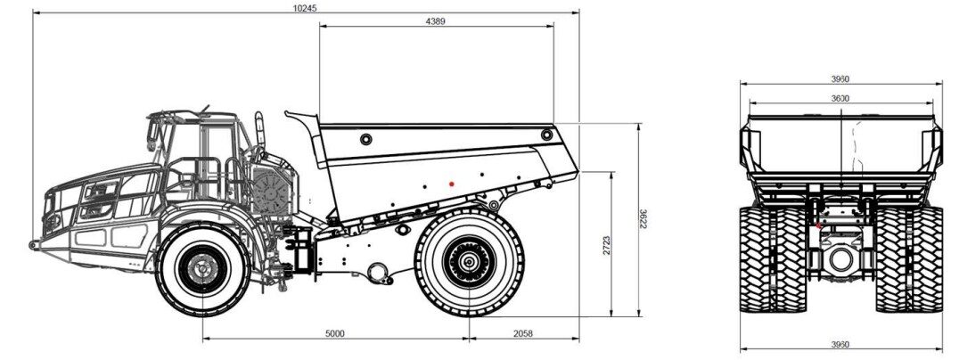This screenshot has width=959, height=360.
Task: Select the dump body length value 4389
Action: point(436,20)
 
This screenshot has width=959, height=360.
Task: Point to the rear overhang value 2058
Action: point(523,333)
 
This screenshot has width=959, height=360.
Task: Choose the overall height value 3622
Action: point(643,219)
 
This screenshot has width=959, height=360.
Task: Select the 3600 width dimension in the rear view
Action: point(840,97)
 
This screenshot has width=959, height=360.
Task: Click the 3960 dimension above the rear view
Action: point(840,78)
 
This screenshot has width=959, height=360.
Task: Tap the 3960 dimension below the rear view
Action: point(840,344)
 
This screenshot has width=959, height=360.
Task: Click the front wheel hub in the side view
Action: point(202,266)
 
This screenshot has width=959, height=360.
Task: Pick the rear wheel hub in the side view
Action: point(467,262)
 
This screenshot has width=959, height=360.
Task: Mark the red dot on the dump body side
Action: point(452,184)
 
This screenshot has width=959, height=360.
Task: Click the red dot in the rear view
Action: point(819,225)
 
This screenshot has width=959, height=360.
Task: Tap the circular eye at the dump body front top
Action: point(365,139)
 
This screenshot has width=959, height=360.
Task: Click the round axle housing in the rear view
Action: point(840,260)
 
